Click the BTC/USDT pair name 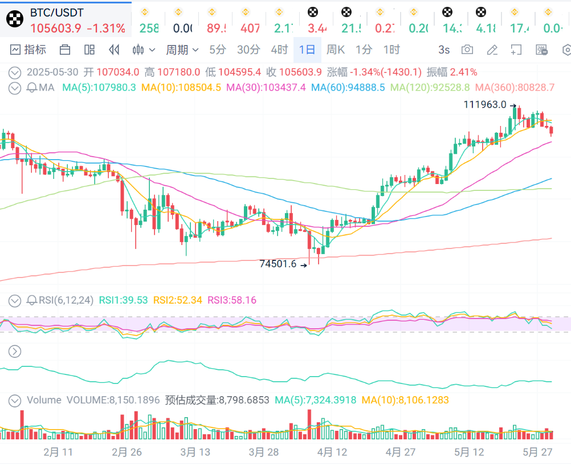57,11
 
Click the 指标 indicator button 28,50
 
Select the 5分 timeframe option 218,50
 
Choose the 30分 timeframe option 248,50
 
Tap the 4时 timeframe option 279,50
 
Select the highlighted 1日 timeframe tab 307,50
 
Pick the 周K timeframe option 336,50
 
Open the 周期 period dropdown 182,50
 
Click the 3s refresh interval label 444,50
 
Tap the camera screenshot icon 467,50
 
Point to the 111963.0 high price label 484,104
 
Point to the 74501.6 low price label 278,264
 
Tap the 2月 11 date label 58,452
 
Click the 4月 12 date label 332,452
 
